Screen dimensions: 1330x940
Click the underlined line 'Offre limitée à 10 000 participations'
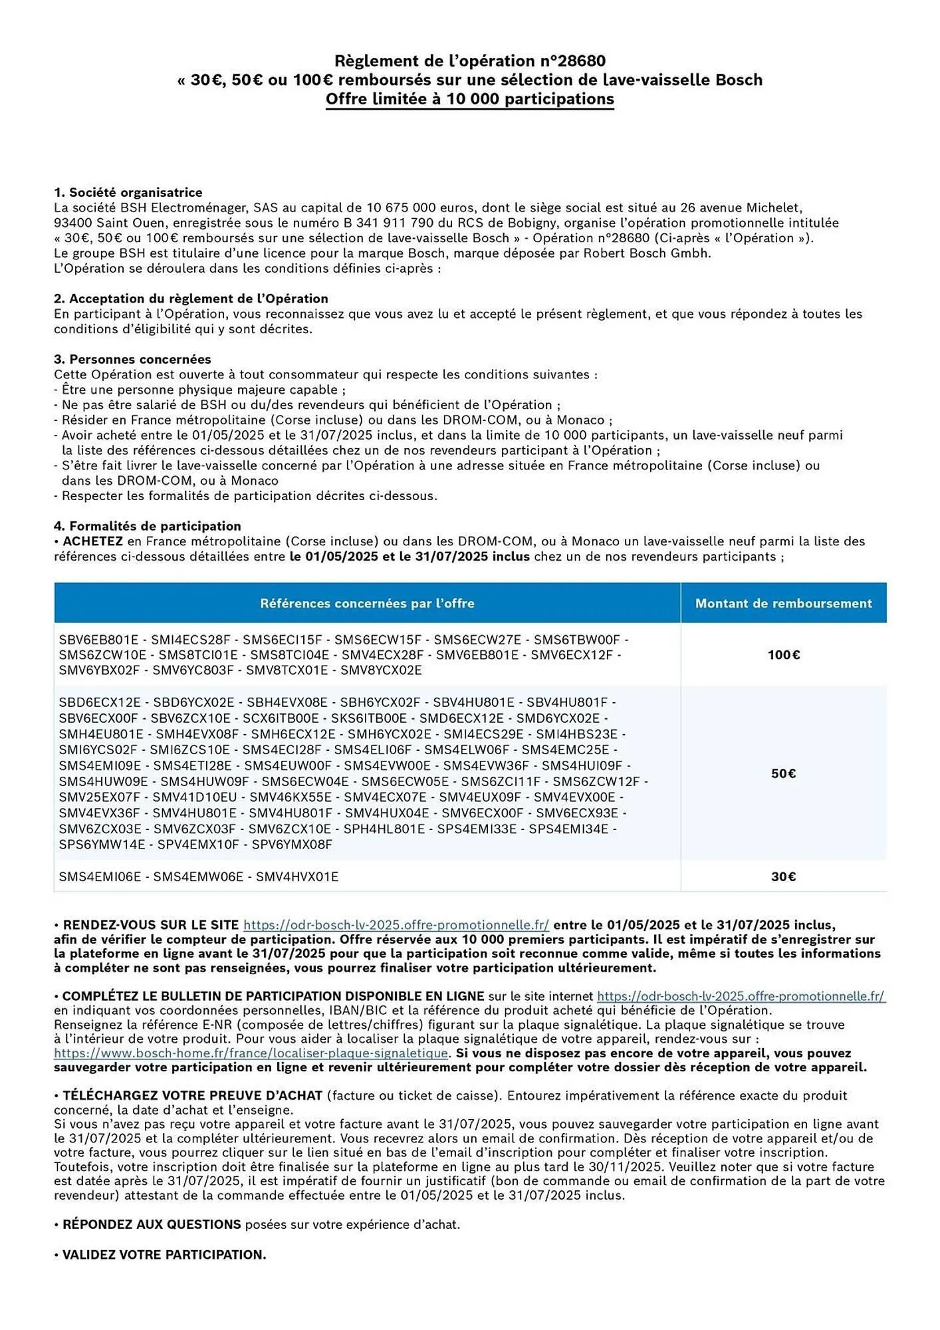pos(469,100)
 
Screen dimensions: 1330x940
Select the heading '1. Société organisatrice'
pos(128,193)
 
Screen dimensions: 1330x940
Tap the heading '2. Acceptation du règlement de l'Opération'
pos(191,299)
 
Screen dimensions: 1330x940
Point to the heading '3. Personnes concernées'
pos(132,360)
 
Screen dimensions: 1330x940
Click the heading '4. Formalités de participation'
pos(147,527)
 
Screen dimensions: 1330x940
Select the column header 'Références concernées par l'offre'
pos(367,604)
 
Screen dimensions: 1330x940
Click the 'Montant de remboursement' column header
pos(783,604)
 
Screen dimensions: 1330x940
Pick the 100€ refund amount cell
pos(783,655)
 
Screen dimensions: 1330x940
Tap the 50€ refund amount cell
pos(783,773)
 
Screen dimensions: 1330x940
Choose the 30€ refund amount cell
pos(783,877)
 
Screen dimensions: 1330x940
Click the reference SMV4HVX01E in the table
pos(296,877)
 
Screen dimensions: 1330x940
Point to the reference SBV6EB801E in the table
pos(98,640)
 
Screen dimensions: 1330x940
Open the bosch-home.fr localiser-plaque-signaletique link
pos(251,1053)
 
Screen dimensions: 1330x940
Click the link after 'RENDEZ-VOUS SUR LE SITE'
pos(396,925)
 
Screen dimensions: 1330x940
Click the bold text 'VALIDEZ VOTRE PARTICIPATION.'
pos(164,1255)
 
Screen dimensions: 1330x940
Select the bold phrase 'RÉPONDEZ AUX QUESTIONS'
pos(152,1224)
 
